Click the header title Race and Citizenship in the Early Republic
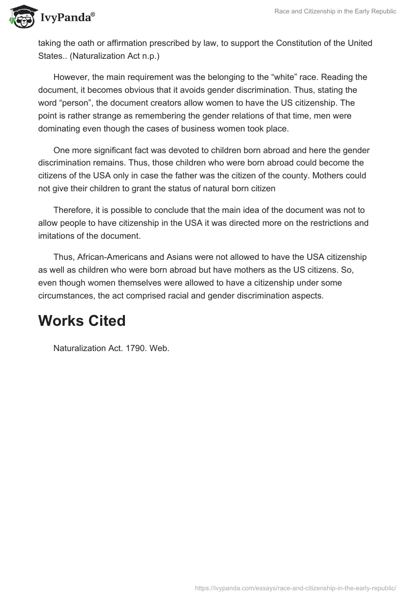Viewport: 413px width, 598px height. coord(336,11)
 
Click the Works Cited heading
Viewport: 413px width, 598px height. coord(82,321)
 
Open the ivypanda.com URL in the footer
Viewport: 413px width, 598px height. coord(296,588)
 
